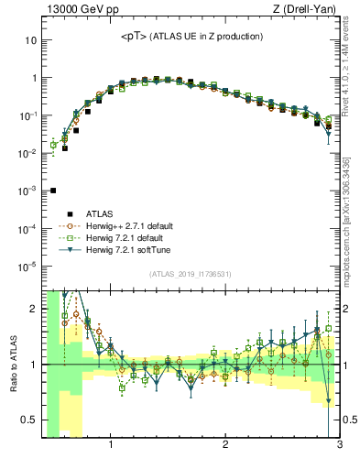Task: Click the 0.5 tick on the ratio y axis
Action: [28, 420]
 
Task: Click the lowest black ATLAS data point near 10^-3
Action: [53, 191]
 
